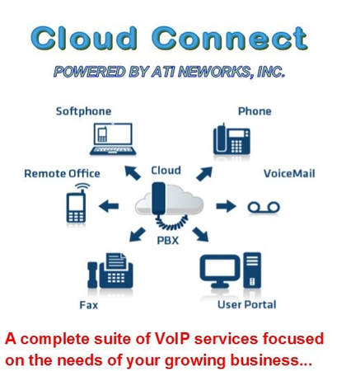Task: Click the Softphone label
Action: [x=83, y=111]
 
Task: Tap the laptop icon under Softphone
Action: [x=113, y=139]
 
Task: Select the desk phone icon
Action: [x=231, y=139]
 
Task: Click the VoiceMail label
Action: [x=289, y=174]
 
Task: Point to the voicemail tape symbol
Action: [x=264, y=208]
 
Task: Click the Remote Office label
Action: [x=62, y=174]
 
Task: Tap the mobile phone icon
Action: [x=77, y=204]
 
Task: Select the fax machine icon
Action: [x=110, y=270]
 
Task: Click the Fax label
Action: [x=88, y=305]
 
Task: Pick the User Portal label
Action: [x=246, y=305]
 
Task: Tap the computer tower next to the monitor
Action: [x=252, y=270]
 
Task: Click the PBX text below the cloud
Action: [x=168, y=241]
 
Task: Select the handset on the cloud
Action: [x=158, y=199]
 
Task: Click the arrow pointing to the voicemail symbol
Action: [x=226, y=206]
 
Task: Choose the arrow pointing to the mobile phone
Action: [x=109, y=206]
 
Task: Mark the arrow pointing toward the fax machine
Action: [x=137, y=234]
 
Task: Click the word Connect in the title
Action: [x=229, y=39]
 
